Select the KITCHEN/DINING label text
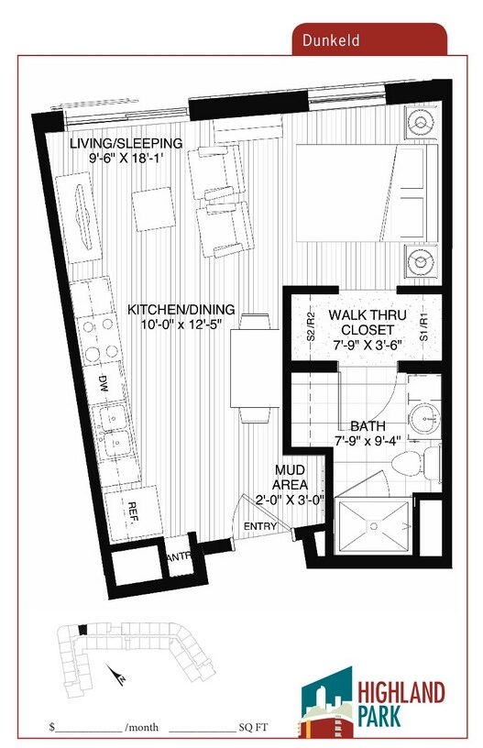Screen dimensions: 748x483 tap(181, 316)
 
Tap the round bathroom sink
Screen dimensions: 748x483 tap(423, 418)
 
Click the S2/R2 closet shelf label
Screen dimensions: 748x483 tap(312, 327)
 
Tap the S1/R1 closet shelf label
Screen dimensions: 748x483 tap(424, 327)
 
